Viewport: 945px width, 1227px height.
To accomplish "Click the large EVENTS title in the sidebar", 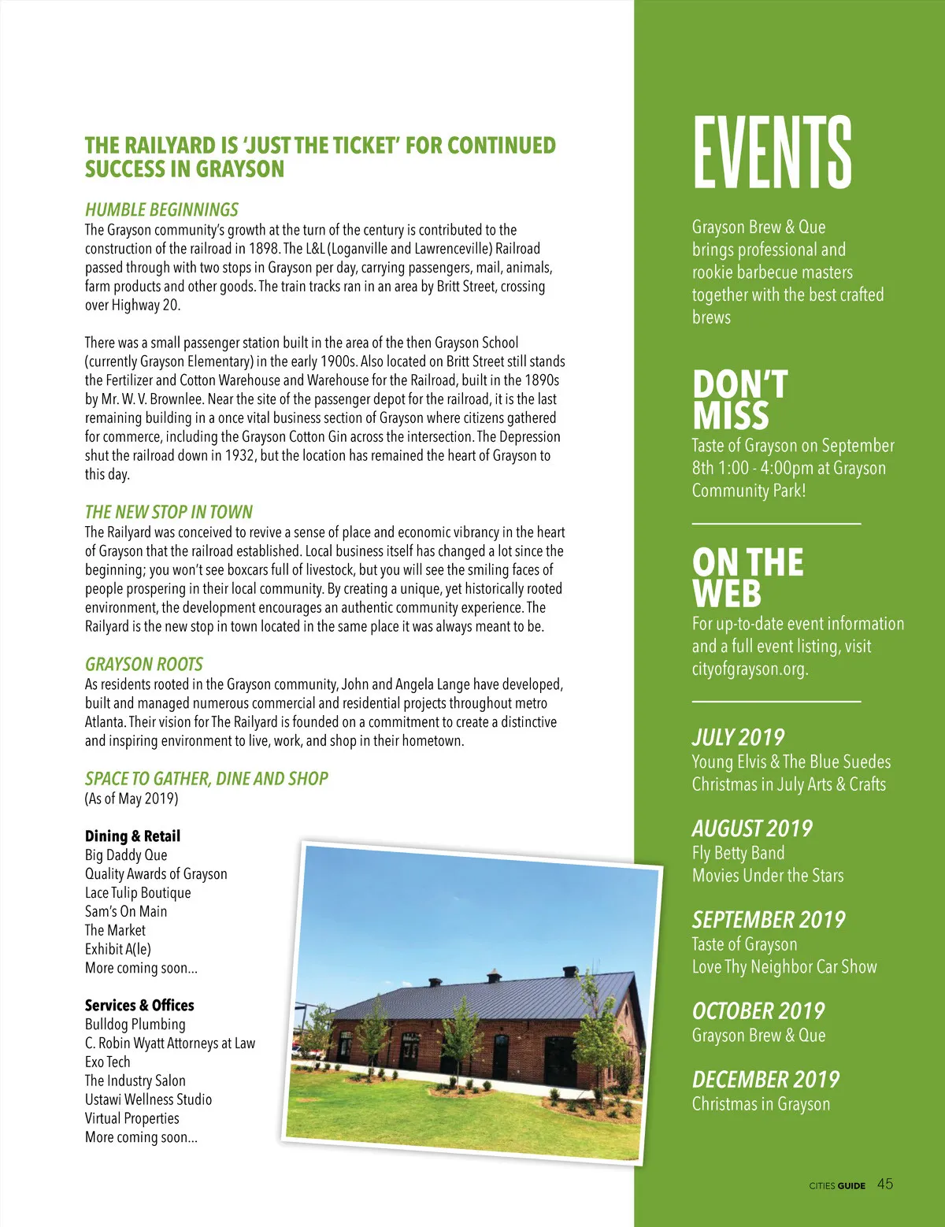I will point(772,151).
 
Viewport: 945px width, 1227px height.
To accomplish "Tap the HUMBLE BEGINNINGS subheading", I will point(161,209).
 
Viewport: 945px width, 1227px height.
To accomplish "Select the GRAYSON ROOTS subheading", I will point(143,664).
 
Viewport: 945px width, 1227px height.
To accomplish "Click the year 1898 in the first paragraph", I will point(264,249).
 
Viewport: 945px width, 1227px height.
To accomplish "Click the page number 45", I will point(885,1184).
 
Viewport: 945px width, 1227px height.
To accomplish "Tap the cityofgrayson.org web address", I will point(750,669).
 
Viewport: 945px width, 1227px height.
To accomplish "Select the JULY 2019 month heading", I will point(738,737).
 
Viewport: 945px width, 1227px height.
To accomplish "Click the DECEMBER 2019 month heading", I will point(765,1079).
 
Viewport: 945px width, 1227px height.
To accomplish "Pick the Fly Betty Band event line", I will point(738,853).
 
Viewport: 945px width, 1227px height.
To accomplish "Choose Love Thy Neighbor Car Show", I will point(784,966).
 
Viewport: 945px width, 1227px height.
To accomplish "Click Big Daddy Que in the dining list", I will point(126,855).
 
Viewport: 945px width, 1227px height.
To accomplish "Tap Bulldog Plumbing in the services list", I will point(135,1025).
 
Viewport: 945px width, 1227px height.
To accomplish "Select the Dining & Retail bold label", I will point(132,836).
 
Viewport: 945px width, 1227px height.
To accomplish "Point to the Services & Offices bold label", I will point(139,1005).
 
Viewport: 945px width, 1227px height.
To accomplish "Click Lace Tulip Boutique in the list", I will point(138,892).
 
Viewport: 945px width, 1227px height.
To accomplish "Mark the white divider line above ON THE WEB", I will point(776,523).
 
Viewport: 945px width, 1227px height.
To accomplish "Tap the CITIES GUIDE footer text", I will point(837,1185).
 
